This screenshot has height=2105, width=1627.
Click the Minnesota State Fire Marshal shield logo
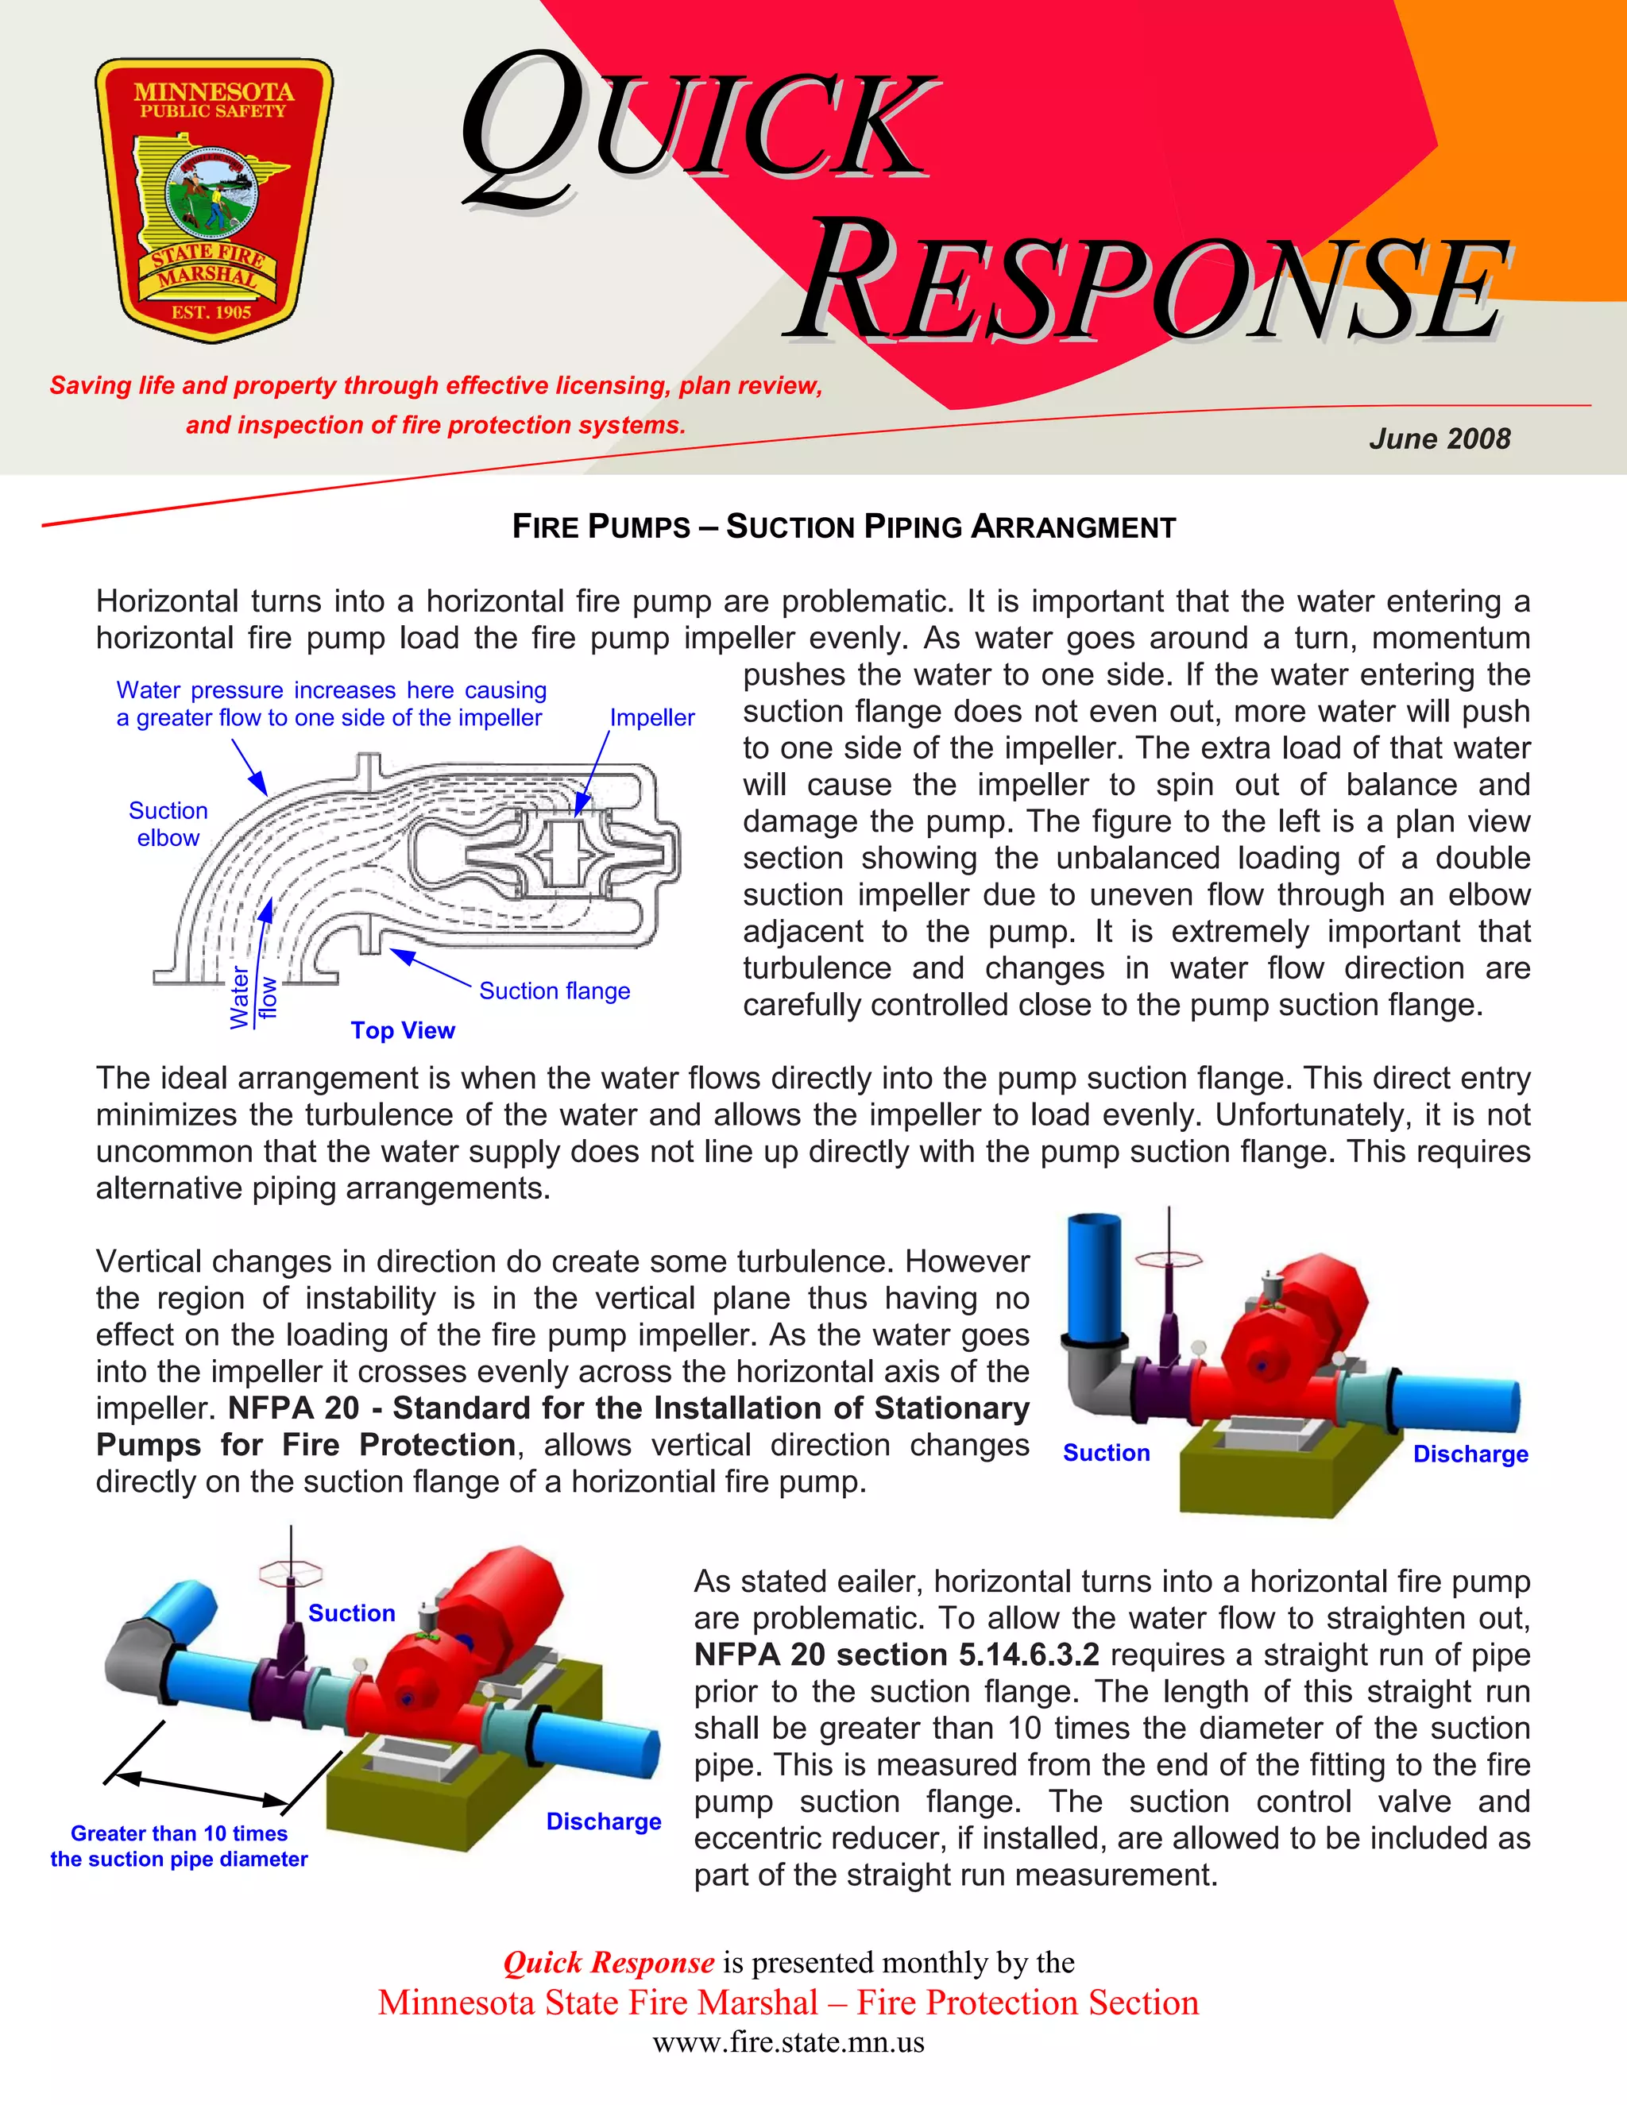point(213,200)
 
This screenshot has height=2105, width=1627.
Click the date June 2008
point(1439,439)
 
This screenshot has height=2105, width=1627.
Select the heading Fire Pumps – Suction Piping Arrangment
point(844,527)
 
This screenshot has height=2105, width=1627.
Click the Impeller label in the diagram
point(651,718)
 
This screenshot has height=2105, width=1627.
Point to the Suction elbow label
point(168,824)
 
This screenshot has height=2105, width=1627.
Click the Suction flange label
point(555,991)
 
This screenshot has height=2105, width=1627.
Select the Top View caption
point(402,1030)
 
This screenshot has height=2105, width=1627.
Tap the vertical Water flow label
point(253,998)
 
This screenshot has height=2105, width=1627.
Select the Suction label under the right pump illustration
point(1106,1453)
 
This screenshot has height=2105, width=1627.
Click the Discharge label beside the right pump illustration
point(1470,1454)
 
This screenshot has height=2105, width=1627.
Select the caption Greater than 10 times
point(180,1833)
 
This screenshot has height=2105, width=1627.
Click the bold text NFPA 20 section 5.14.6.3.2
point(895,1654)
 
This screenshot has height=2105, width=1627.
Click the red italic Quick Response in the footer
point(609,1962)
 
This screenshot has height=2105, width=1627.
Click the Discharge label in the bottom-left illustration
point(604,1821)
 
